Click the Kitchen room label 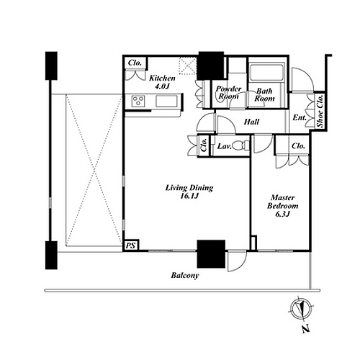[x=162, y=78]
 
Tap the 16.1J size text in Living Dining [x=189, y=196]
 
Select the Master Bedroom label [x=282, y=202]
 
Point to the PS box [x=131, y=246]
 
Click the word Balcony [x=185, y=275]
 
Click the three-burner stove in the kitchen [x=138, y=101]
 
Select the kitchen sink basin [x=166, y=101]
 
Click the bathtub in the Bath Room [x=266, y=72]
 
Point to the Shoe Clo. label [x=320, y=111]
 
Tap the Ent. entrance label [x=300, y=117]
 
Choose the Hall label [x=251, y=122]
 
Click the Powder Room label [x=228, y=92]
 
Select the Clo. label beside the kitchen [x=135, y=63]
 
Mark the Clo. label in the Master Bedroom [x=298, y=146]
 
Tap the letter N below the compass [x=305, y=329]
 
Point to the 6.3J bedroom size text [x=283, y=214]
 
